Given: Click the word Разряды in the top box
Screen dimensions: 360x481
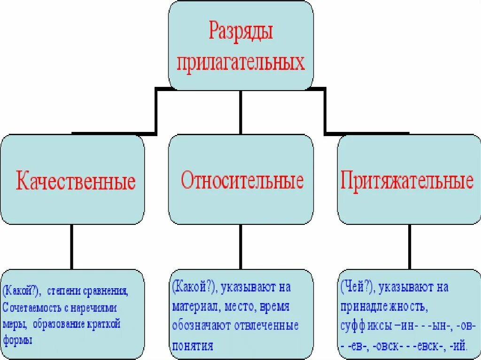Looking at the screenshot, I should click(x=240, y=33).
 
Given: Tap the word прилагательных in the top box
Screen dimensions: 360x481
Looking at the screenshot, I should click(x=240, y=62).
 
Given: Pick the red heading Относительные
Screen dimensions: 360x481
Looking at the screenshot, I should click(x=242, y=181).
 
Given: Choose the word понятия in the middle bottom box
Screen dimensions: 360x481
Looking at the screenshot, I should click(x=193, y=346).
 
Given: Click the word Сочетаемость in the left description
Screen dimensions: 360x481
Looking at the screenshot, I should click(x=31, y=308).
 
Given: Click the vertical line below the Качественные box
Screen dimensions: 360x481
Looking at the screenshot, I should click(x=71, y=246).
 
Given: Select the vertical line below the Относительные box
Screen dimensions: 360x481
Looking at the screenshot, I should click(x=240, y=246).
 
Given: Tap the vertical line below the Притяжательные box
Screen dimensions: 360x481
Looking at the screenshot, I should click(x=410, y=246).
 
